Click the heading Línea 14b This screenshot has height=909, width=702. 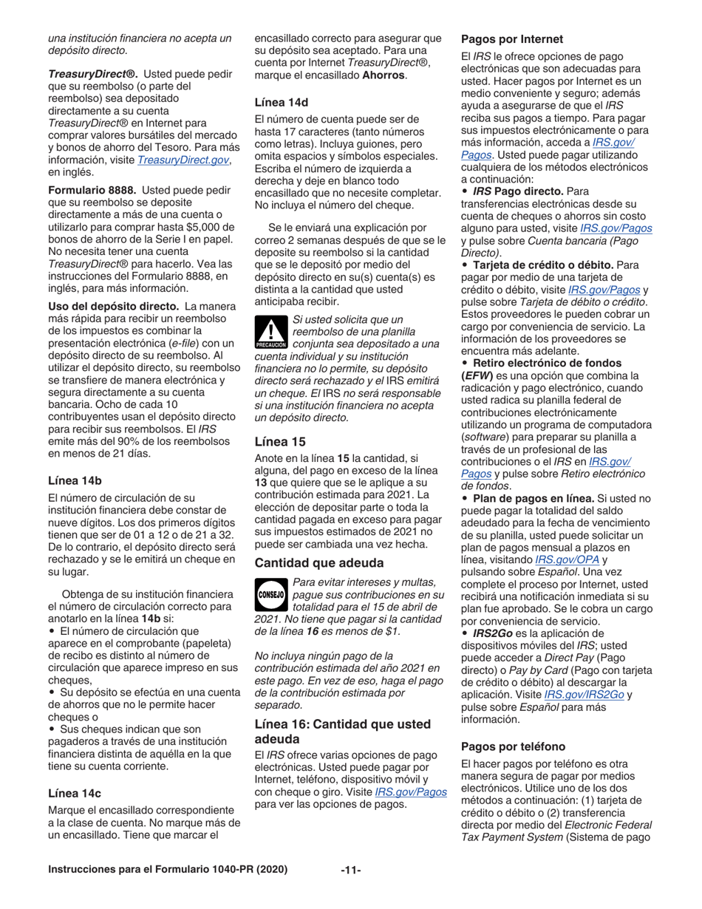click(75, 480)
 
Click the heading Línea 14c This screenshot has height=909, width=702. click(75, 793)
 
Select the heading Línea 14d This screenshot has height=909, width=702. click(281, 101)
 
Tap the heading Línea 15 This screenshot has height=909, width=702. click(280, 443)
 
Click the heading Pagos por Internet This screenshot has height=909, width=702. click(512, 38)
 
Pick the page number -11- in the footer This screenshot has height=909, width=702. click(351, 869)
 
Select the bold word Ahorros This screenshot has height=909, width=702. click(382, 75)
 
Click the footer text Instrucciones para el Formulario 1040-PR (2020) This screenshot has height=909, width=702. click(168, 869)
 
